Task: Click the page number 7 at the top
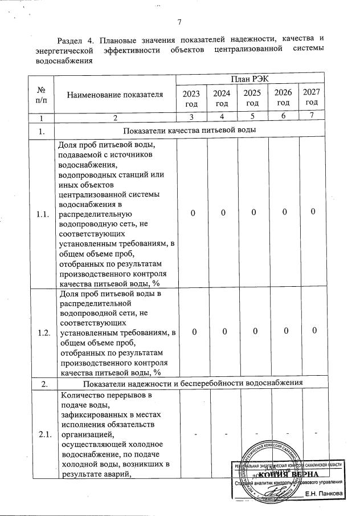click(x=179, y=22)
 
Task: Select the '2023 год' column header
click(x=191, y=97)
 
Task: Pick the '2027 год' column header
click(x=311, y=97)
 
